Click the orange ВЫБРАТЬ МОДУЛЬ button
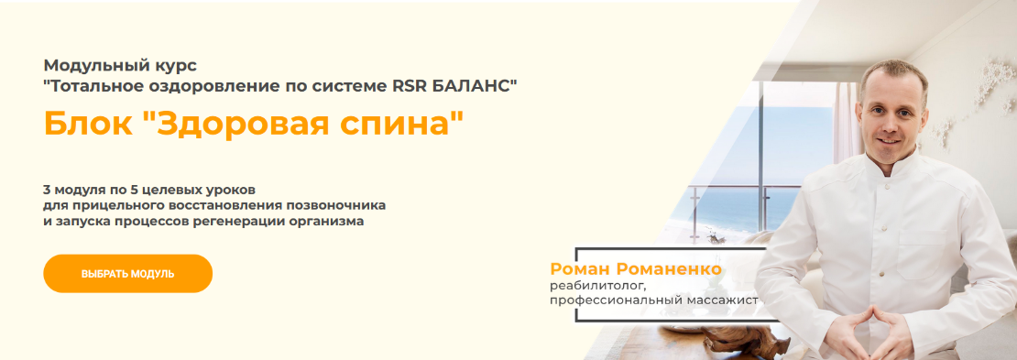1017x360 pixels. (x=127, y=274)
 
